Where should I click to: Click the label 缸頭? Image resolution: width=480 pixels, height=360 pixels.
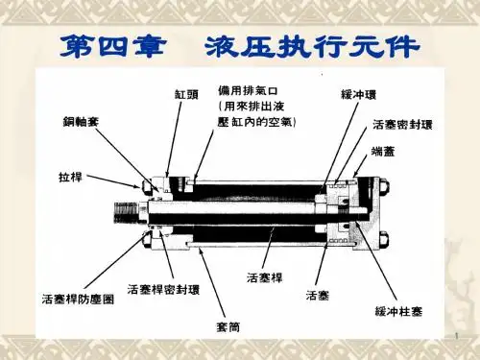pos(186,94)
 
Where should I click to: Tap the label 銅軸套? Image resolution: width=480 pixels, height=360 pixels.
pos(81,122)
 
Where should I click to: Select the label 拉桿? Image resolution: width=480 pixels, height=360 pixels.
pos(70,177)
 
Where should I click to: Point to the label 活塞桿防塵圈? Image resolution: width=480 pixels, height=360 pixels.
pos(78,300)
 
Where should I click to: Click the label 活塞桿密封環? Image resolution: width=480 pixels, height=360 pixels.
pos(163,290)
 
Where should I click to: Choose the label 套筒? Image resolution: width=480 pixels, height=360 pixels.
pos(228,326)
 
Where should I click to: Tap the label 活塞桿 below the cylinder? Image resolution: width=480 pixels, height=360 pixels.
pos(265,277)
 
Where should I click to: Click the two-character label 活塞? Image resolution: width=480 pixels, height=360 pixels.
pos(318,295)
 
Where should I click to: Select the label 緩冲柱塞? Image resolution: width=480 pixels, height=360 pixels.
pos(398,311)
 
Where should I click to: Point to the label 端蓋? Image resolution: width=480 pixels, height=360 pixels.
pos(383,152)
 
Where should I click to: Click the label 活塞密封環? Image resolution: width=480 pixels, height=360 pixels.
pos(402,125)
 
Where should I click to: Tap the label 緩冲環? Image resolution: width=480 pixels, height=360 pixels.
pos(358,95)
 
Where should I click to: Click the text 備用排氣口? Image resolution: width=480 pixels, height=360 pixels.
pos(248,90)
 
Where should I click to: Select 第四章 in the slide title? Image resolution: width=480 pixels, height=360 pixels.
pos(112,47)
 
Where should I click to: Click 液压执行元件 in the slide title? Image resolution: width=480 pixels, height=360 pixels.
pos(312,47)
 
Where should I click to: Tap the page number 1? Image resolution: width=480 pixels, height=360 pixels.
pos(457,336)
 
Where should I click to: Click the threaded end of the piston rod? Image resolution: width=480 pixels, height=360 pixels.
pos(126,212)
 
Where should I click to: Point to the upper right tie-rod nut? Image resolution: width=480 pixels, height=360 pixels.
pos(384,187)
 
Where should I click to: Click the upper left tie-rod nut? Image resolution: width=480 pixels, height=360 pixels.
pos(146,186)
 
